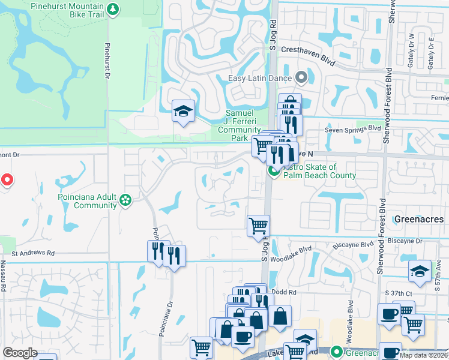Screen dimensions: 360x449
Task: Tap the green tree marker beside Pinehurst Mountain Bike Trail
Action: [x=113, y=9]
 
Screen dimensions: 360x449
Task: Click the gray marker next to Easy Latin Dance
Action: [x=301, y=78]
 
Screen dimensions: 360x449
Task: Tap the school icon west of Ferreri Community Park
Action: [x=183, y=111]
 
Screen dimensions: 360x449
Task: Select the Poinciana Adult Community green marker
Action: [x=125, y=199]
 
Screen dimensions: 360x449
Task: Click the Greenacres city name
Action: [x=418, y=219]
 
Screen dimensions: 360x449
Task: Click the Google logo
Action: [x=20, y=353]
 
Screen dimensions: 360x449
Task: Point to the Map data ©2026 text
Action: [x=424, y=355]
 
